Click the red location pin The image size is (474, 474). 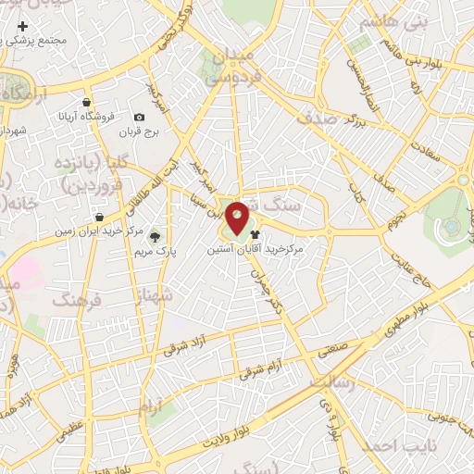[237, 218]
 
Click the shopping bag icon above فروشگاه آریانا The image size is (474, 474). [86, 102]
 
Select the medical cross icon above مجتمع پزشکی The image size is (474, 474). [23, 26]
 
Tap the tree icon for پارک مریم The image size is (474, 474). [155, 237]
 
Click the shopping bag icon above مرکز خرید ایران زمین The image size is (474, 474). [99, 218]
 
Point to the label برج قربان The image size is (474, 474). [139, 131]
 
